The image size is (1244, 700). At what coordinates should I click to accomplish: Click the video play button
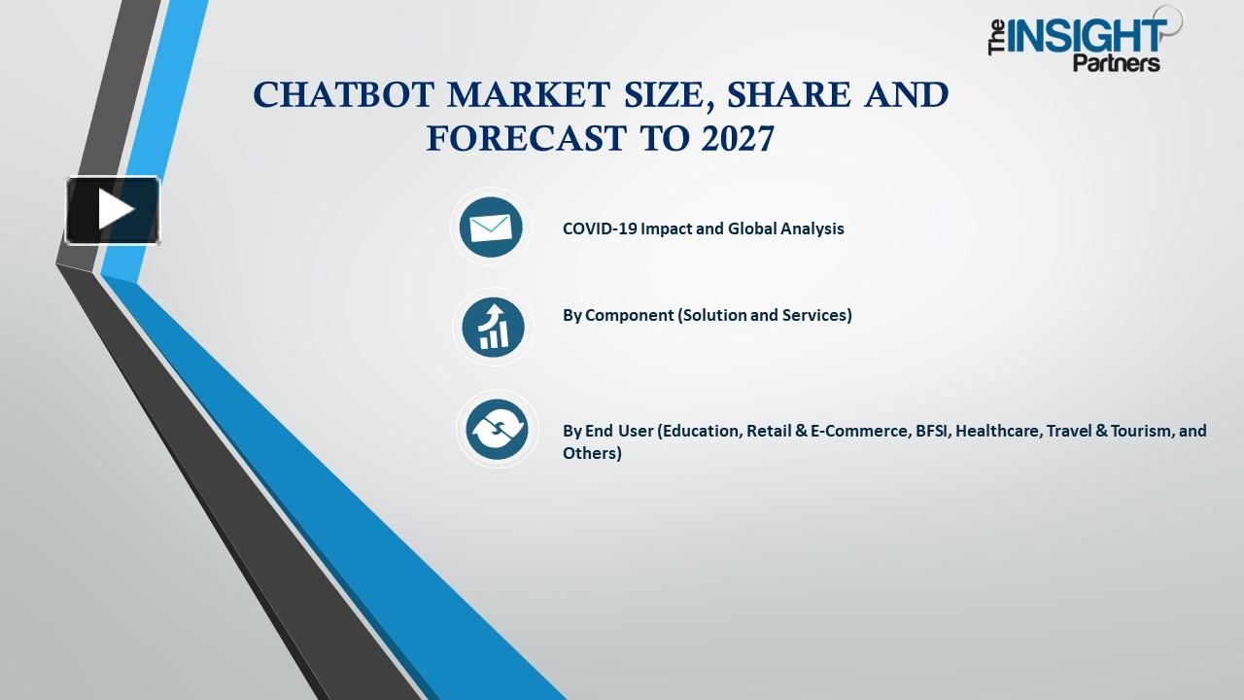click(x=113, y=210)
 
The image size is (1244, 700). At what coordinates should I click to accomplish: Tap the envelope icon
click(x=491, y=227)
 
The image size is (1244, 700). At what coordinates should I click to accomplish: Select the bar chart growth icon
click(x=493, y=327)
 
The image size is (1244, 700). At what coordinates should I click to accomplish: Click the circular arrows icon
click(x=496, y=430)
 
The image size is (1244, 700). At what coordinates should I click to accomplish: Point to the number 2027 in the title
click(x=737, y=139)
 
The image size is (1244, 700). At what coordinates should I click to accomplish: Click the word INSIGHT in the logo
click(x=1088, y=36)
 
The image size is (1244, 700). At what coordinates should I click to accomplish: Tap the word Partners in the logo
click(x=1116, y=64)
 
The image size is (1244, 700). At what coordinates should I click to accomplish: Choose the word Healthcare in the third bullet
click(x=998, y=431)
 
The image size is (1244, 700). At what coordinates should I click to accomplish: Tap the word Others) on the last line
click(x=592, y=453)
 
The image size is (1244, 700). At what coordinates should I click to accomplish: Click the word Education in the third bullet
click(x=700, y=431)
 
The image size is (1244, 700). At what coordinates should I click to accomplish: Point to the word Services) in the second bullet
click(x=816, y=315)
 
